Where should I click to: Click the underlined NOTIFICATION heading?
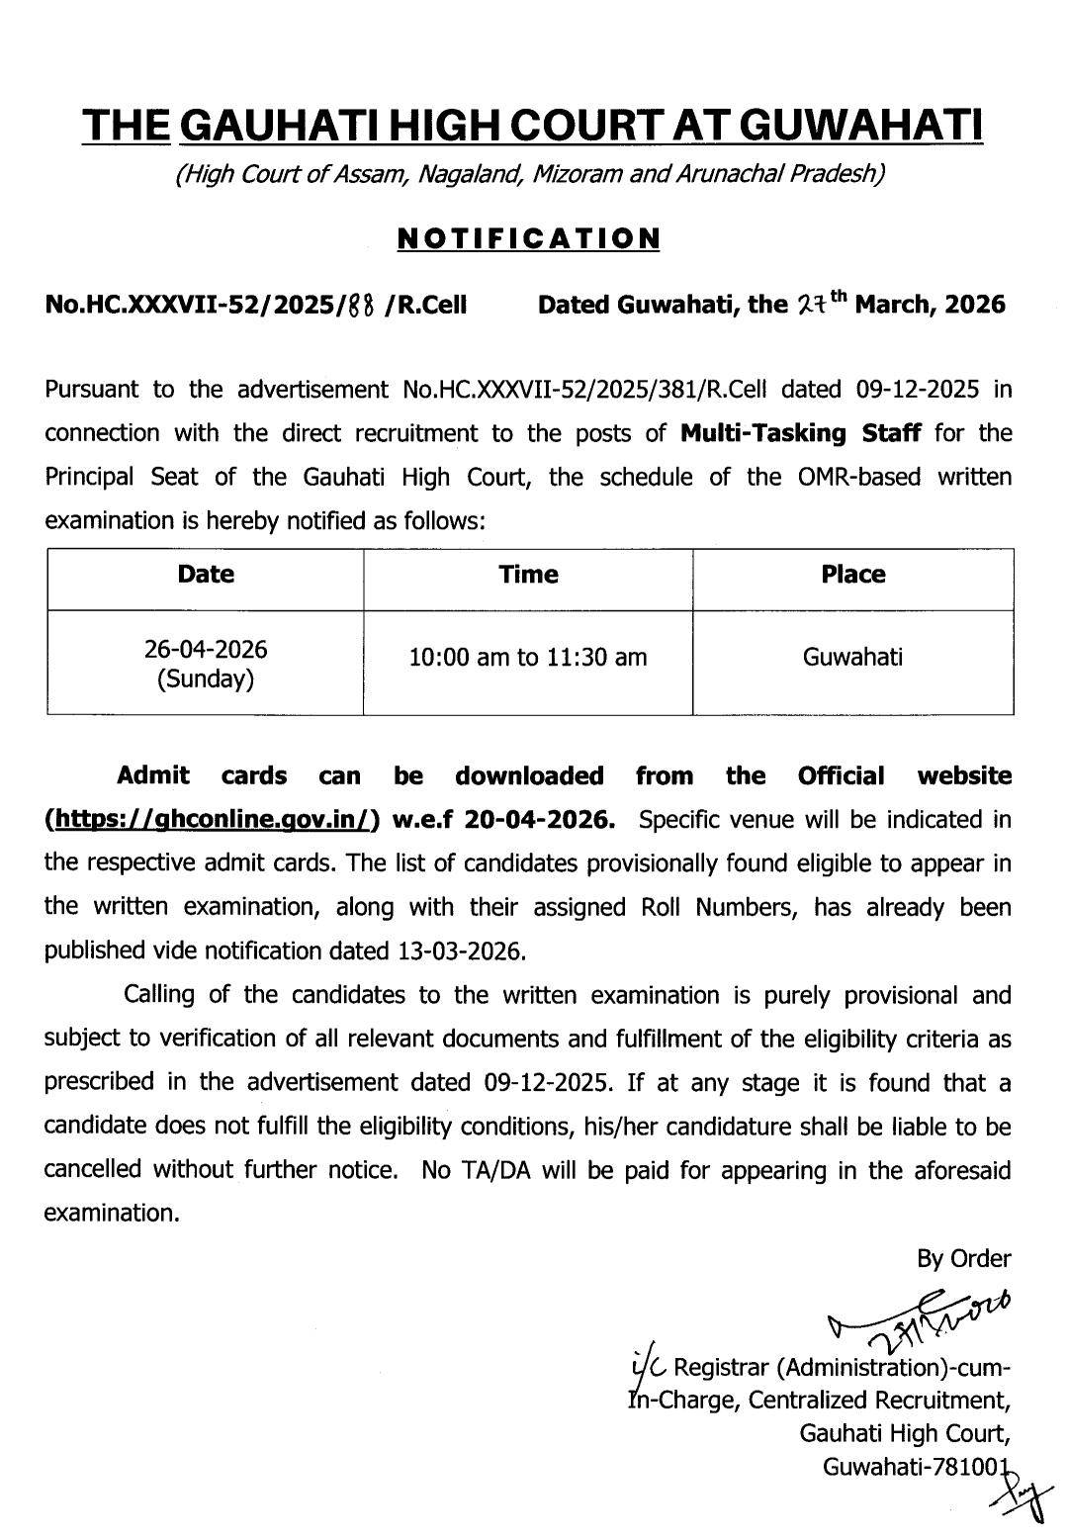(x=528, y=238)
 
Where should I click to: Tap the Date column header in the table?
(x=206, y=575)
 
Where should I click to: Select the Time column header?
(x=528, y=575)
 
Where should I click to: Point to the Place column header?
(x=852, y=575)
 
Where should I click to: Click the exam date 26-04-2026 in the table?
(x=206, y=649)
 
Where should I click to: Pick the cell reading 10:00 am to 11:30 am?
(x=528, y=657)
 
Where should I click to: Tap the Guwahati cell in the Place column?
(x=852, y=657)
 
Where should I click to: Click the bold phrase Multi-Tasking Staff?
(x=801, y=433)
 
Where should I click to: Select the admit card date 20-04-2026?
(x=538, y=820)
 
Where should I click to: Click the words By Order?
(x=963, y=1258)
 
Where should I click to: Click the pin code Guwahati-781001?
(x=915, y=1466)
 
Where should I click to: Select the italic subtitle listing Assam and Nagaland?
(x=528, y=175)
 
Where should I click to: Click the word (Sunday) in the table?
(x=206, y=679)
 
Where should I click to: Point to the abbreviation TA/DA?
(x=461, y=1170)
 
